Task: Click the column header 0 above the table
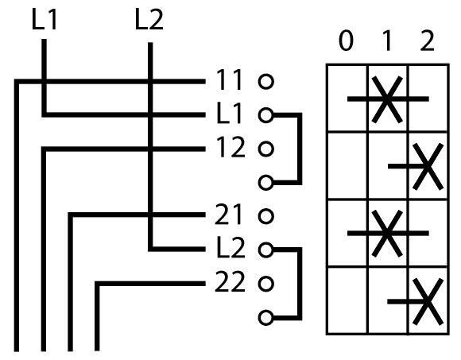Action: coord(346,41)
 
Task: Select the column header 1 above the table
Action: coord(388,41)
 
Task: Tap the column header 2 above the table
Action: coord(428,41)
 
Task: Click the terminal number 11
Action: coord(229,79)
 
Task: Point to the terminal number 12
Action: coord(230,147)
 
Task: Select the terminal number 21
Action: coord(229,215)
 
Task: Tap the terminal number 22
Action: coord(230,282)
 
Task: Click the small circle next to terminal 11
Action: coord(266,81)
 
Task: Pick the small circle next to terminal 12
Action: coord(266,149)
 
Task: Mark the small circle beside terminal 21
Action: coord(266,216)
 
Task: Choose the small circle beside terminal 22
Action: coord(266,284)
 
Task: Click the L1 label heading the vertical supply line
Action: coord(44,20)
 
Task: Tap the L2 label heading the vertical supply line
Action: coord(149,20)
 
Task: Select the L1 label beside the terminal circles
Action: coord(229,114)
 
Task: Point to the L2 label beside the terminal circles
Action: coord(230,248)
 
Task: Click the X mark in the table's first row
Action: coord(387,99)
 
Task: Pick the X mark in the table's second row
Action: coord(428,167)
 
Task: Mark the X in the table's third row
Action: coord(387,234)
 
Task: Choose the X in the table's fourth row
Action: coord(428,301)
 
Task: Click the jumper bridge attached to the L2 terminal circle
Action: coord(300,284)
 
